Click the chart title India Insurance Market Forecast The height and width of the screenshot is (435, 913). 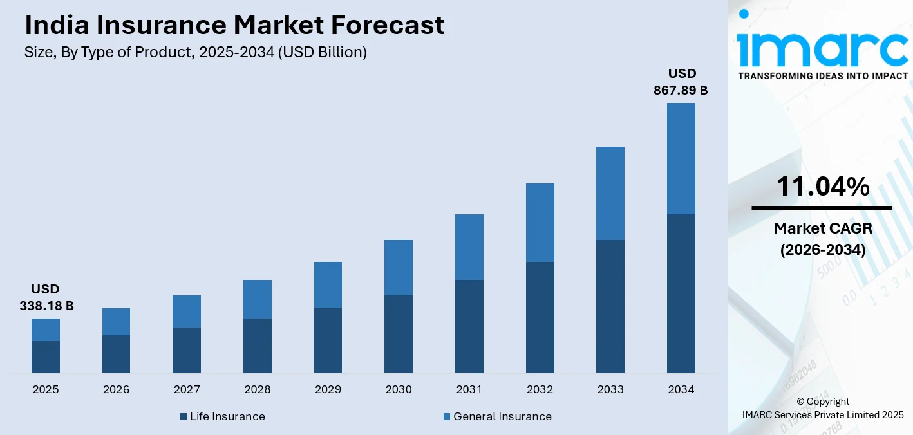coord(234,25)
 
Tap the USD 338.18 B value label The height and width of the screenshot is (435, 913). coord(46,297)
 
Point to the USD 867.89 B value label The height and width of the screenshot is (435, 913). coord(681,82)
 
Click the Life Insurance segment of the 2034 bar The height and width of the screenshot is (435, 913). coord(681,293)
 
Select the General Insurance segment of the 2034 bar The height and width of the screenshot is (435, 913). coord(681,158)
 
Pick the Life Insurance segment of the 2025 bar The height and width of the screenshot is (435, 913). coord(46,357)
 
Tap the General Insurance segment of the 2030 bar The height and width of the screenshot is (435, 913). coord(399,268)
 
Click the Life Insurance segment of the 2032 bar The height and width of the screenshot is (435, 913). coord(540,317)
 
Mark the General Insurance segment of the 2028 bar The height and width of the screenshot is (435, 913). coord(258,299)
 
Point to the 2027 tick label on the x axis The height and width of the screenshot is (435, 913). coord(187,389)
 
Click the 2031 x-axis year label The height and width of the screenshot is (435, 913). coord(469,389)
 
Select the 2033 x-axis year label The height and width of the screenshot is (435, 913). coord(610,389)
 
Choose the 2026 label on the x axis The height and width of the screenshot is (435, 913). coord(116,389)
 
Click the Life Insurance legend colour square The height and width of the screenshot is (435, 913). coord(184,417)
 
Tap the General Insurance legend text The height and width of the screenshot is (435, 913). coord(502,416)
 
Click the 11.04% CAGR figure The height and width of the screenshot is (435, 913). coord(822,187)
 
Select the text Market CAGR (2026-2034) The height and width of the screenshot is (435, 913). coord(822,239)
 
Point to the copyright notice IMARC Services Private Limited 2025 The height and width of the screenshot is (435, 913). coord(822,414)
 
